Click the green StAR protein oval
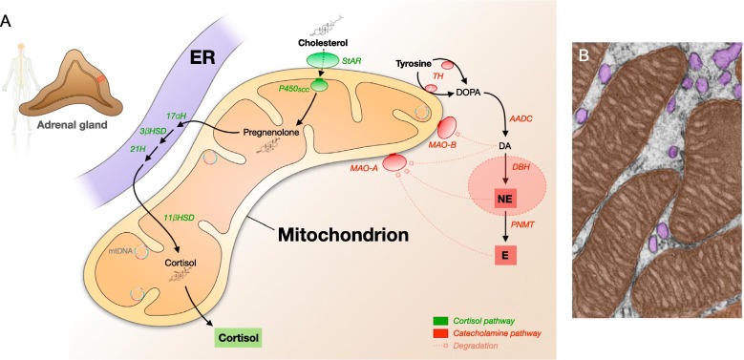[319, 60]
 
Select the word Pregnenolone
[268, 133]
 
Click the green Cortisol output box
[239, 339]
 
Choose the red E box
[506, 255]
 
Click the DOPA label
[468, 94]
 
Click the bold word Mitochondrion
[343, 234]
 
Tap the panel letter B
[585, 56]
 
